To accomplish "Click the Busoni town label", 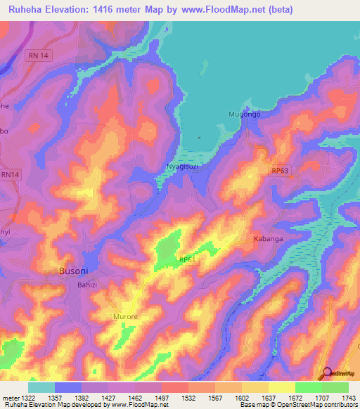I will [x=73, y=271].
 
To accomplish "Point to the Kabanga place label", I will [x=267, y=239].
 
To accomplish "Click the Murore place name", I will [x=126, y=317].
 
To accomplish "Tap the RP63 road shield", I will [x=280, y=170].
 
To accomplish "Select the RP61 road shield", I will [x=186, y=260].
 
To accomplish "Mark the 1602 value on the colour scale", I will [x=243, y=398].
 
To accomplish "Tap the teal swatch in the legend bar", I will [x=41, y=387].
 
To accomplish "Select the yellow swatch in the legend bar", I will [x=281, y=387].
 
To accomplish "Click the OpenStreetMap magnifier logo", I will [x=326, y=372].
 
